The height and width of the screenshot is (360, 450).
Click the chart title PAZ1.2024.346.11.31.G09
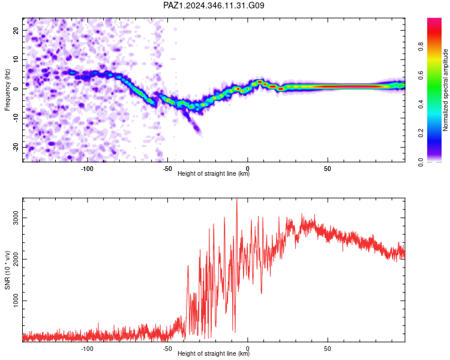(214, 5)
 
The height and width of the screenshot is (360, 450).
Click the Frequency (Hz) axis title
(7, 90)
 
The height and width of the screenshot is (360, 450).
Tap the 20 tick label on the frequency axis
(16, 30)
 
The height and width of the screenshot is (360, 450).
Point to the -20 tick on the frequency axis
(16, 147)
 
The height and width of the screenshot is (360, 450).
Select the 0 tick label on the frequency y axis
(16, 89)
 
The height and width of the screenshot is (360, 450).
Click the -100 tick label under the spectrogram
(87, 169)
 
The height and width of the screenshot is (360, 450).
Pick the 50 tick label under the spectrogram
(328, 169)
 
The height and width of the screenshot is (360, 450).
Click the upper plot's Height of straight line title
(214, 173)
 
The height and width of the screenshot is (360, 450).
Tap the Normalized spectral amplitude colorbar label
(445, 90)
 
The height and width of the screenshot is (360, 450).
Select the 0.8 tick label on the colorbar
(421, 47)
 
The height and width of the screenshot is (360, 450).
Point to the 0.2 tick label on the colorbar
(421, 133)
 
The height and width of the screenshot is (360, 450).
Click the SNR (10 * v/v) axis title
(7, 270)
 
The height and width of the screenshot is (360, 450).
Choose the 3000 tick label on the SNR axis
(16, 218)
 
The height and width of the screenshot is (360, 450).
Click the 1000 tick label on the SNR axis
(16, 301)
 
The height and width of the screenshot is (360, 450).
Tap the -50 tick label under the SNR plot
(167, 349)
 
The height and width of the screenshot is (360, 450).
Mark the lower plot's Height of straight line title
(214, 353)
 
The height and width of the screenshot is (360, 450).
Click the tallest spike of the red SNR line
(237, 199)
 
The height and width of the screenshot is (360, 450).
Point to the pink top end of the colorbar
(434, 19)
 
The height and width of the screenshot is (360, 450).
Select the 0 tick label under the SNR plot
(247, 349)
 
